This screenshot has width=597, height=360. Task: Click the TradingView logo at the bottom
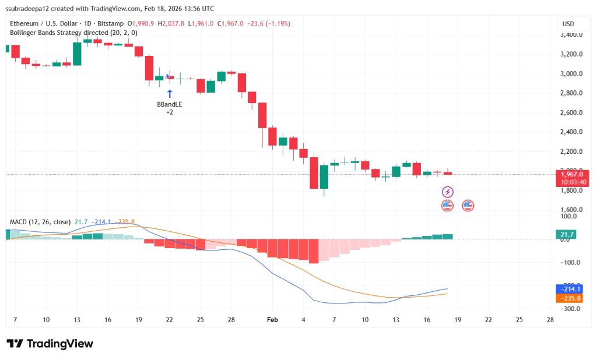(50, 343)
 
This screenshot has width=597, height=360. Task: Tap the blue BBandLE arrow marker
(170, 93)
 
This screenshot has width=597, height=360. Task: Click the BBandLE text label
(169, 104)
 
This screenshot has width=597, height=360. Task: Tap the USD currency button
(568, 24)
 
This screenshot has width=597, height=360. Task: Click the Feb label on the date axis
(272, 320)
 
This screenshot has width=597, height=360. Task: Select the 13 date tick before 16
(77, 320)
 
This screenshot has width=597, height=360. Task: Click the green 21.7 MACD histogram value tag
(564, 234)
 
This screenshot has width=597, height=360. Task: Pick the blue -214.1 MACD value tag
(568, 288)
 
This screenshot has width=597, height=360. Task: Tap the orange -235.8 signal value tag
(568, 298)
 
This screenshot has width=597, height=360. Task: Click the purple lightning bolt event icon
(447, 192)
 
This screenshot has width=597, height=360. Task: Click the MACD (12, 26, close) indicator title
(40, 222)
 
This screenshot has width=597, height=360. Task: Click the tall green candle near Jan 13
(77, 54)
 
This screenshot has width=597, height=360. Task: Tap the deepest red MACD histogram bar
(314, 251)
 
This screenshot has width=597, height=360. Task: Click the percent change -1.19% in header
(278, 23)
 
